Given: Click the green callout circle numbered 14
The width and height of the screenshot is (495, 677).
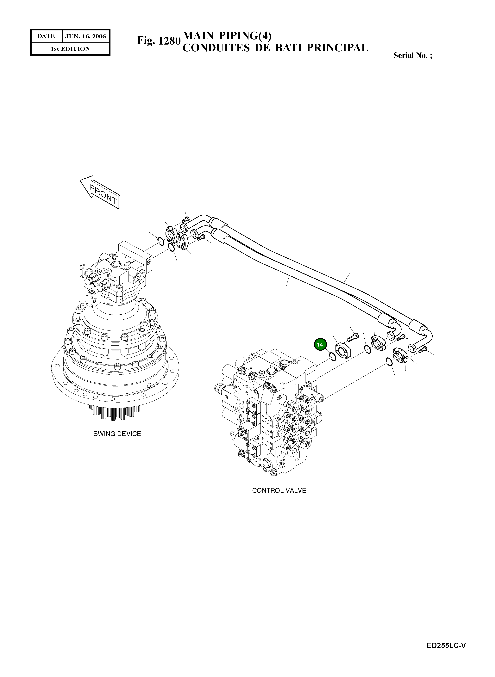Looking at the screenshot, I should click(x=320, y=344).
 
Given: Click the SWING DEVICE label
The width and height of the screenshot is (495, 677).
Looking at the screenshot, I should click(x=117, y=434).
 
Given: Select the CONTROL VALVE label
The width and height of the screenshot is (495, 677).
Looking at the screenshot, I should click(x=279, y=490).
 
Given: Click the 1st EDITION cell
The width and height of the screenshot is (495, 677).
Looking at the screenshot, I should click(x=70, y=49).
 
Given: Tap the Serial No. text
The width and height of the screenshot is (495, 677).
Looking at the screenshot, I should click(x=413, y=55).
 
